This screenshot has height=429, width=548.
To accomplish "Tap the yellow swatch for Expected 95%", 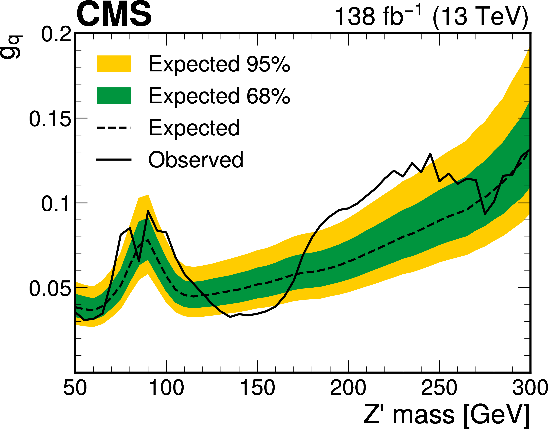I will coord(114,64).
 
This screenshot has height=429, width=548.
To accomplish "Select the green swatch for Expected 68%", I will coord(114,96).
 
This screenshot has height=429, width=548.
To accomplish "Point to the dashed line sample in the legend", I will coord(114,128).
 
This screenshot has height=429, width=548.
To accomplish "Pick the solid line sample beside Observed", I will coord(114,159).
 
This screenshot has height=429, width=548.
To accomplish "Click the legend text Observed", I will coord(196,160).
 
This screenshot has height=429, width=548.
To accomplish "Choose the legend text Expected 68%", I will coord(219,96).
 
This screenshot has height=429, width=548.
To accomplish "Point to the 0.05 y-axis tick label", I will coord(50,289).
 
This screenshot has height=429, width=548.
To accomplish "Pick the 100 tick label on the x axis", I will coord(167,388).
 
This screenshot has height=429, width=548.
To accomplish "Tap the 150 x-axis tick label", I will coord(258,388).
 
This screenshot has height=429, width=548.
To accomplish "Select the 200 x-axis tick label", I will coord(348,388).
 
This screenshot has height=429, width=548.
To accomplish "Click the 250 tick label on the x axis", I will coord(439,388).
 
